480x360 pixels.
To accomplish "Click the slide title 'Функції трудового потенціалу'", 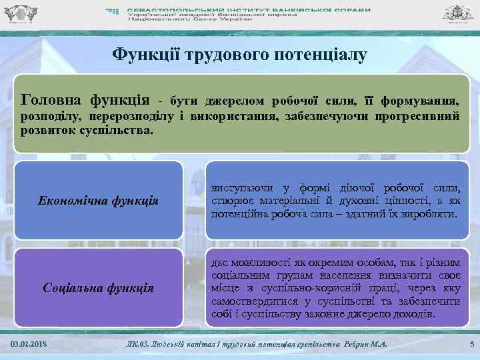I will (x=239, y=54).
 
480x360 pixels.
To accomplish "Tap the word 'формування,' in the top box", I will (x=419, y=102).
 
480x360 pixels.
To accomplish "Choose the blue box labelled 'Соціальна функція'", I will (x=98, y=288).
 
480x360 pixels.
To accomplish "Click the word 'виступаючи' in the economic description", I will (x=243, y=187).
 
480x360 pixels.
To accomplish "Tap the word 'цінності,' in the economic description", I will (x=390, y=201).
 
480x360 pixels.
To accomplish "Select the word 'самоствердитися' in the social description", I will (x=253, y=301).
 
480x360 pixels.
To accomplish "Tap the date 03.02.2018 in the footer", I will (x=29, y=343).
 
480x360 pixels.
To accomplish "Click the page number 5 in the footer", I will (x=471, y=343).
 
